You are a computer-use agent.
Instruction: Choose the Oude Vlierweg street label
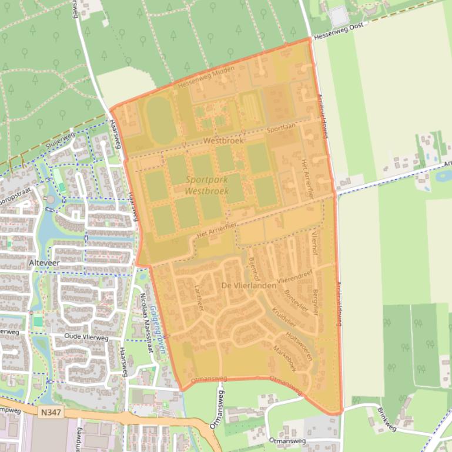click(86, 338)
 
